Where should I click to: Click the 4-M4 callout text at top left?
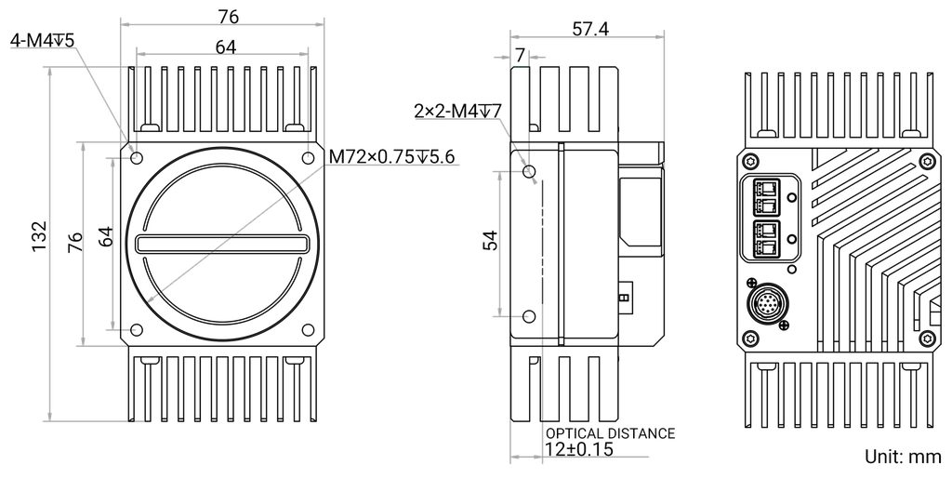click(42, 40)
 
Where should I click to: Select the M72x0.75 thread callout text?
click(391, 157)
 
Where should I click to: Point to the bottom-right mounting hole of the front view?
click(308, 329)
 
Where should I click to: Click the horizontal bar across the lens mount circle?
click(223, 244)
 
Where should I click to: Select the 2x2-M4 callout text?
click(457, 112)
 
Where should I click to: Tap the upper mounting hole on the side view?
click(530, 172)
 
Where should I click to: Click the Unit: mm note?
click(901, 457)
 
